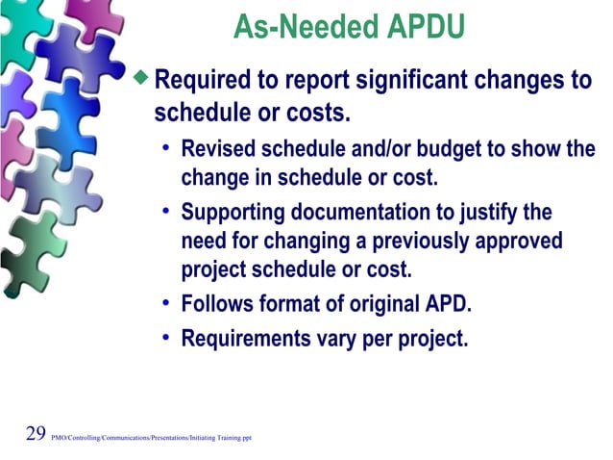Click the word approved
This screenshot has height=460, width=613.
coord(525,242)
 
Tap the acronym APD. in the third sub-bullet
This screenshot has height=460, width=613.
coord(448,307)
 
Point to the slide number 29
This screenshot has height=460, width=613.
coord(36,433)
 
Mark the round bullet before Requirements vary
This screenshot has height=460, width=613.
coord(166,337)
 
